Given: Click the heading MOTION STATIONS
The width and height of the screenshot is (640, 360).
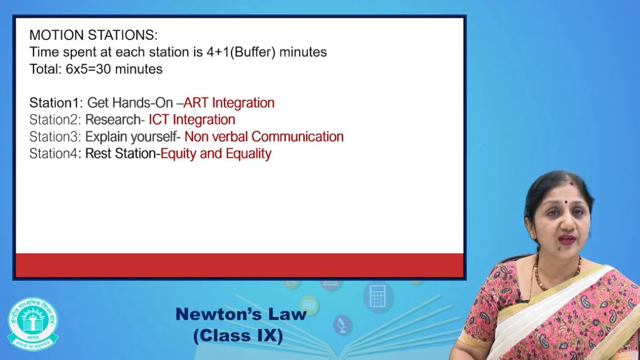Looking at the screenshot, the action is click(93, 35).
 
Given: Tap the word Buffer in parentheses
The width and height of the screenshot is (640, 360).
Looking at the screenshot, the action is click(253, 52).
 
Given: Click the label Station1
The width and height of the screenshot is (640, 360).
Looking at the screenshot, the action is click(54, 102).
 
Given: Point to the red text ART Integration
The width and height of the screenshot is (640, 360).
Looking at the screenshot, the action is click(229, 103).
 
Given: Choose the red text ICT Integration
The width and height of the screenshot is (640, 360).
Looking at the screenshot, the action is click(192, 119).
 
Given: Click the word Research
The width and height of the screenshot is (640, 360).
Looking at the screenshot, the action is click(113, 119).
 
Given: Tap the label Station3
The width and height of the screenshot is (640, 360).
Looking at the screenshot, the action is click(54, 137).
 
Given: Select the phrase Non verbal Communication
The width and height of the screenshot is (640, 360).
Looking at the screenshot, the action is click(264, 137).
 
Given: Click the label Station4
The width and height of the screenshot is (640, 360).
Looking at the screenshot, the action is click(53, 154).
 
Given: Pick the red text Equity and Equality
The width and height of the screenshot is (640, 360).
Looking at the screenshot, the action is click(215, 154).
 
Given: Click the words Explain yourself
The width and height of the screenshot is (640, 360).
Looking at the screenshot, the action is click(131, 137).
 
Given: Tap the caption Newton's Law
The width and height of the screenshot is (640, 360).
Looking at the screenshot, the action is click(241, 314).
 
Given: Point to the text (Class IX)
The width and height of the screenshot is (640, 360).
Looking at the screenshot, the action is click(238, 335).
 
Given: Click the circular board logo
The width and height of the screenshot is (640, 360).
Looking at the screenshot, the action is click(33, 324).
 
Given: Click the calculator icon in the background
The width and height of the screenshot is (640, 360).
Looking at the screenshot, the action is click(378, 297).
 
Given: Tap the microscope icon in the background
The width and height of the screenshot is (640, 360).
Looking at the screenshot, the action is click(342, 325).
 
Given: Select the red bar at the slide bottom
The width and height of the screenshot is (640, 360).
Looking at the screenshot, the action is click(239, 265).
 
